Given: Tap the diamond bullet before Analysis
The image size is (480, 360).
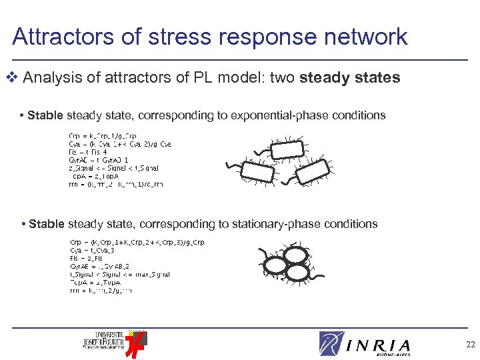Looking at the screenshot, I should pyautogui.click(x=15, y=78).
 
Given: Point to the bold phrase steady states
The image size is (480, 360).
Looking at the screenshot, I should pyautogui.click(x=350, y=78).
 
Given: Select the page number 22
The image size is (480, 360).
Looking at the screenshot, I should pyautogui.click(x=471, y=345).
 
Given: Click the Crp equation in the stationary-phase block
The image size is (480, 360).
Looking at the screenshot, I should pyautogui.click(x=137, y=242).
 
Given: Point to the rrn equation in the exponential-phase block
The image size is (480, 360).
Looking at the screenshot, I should pyautogui.click(x=116, y=185).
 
